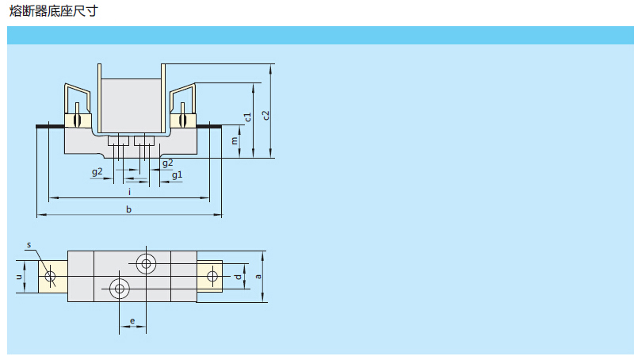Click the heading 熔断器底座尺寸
pos(54,13)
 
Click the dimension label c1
pos(248,117)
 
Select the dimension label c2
pos(267,113)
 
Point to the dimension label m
pos(235,141)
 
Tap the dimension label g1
pos(177,174)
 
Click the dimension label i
pos(129,191)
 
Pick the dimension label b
pos(129,209)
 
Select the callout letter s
pos(28,245)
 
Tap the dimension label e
pos(132,321)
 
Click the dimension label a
pos(258,276)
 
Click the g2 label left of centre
pos(97,171)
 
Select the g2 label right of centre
pos(167,163)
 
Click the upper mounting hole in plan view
pos(147,263)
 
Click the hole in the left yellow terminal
pos(51,276)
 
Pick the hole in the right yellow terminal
pos(212,276)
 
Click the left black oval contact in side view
pos(78,121)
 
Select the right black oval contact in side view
pos(182,121)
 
